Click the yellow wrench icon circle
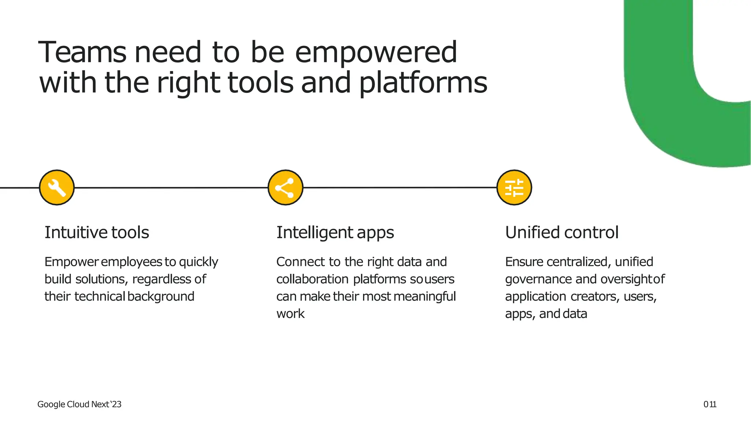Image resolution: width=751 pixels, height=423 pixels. coord(57,188)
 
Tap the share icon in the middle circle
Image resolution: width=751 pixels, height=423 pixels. coord(285,188)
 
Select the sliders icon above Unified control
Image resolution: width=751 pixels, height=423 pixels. coord(514,188)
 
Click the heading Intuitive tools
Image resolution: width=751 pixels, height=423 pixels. coord(97,232)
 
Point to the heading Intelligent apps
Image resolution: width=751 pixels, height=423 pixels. coord(335,233)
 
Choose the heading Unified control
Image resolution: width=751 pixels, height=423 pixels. coord(562,232)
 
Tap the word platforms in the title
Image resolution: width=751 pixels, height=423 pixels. coord(423,83)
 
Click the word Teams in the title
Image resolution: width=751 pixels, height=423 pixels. coord(83,52)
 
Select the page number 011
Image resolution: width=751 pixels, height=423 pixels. coord(710,404)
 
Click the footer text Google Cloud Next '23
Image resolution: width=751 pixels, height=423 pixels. coord(79,404)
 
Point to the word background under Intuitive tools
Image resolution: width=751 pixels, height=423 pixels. coord(161,297)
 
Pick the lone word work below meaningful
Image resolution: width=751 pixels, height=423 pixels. coord(290,314)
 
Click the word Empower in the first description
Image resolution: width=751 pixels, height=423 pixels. coord(72,262)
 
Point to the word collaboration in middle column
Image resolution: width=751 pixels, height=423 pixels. coord(312,279)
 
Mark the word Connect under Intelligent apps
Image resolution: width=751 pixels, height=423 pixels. coord(301,262)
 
